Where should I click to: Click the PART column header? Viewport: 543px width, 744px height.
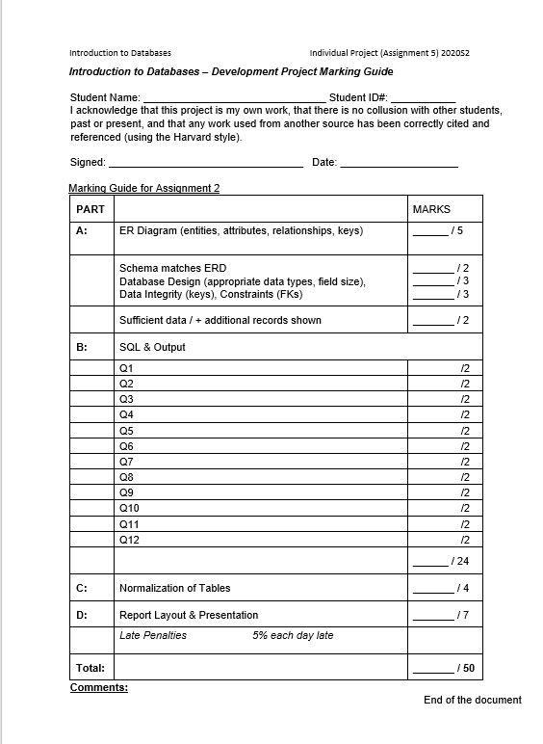pyautogui.click(x=90, y=209)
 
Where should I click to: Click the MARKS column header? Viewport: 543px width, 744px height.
pyautogui.click(x=431, y=209)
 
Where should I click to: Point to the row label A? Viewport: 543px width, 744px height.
pyautogui.click(x=81, y=231)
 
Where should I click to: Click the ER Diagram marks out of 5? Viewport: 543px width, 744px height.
pyautogui.click(x=439, y=231)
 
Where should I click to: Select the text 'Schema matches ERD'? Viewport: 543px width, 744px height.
pyautogui.click(x=173, y=268)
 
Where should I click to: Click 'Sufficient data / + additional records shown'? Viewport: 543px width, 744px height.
pyautogui.click(x=220, y=320)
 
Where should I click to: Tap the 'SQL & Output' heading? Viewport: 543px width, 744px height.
pyautogui.click(x=152, y=347)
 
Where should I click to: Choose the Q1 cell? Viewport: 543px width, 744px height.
pyautogui.click(x=126, y=368)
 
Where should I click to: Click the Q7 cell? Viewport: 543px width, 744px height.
pyautogui.click(x=126, y=462)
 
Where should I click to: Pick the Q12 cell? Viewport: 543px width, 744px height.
pyautogui.click(x=129, y=540)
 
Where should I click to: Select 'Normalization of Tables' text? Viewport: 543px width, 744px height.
pyautogui.click(x=175, y=588)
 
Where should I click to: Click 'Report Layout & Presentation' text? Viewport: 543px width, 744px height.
pyautogui.click(x=189, y=615)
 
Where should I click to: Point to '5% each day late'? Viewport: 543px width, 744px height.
pyautogui.click(x=293, y=635)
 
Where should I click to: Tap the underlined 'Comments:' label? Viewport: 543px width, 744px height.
pyautogui.click(x=99, y=687)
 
